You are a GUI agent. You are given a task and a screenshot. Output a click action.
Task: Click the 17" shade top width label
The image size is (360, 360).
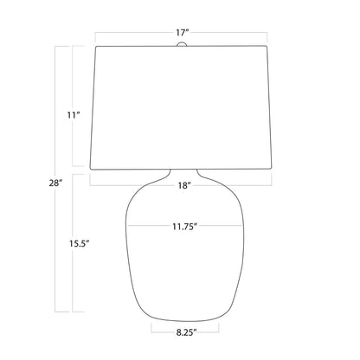click(x=183, y=33)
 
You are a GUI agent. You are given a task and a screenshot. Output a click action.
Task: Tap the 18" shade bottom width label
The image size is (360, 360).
click(x=184, y=185)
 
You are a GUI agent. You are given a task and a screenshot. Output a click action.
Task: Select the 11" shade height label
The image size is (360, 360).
click(x=74, y=115)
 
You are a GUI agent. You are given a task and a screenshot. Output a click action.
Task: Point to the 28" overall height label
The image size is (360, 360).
click(x=55, y=183)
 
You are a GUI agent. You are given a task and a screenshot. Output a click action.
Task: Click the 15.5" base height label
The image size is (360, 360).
click(x=78, y=244)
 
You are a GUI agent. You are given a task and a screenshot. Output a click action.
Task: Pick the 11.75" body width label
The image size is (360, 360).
click(x=184, y=227)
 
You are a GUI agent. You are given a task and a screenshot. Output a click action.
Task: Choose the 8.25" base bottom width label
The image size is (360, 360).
click(x=186, y=332)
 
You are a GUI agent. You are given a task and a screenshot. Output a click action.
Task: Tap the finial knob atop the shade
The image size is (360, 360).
click(x=182, y=44)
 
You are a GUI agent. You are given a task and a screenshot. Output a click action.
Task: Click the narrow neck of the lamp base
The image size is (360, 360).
click(x=184, y=173)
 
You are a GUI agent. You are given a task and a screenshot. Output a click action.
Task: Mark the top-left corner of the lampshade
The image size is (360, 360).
click(x=96, y=47)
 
